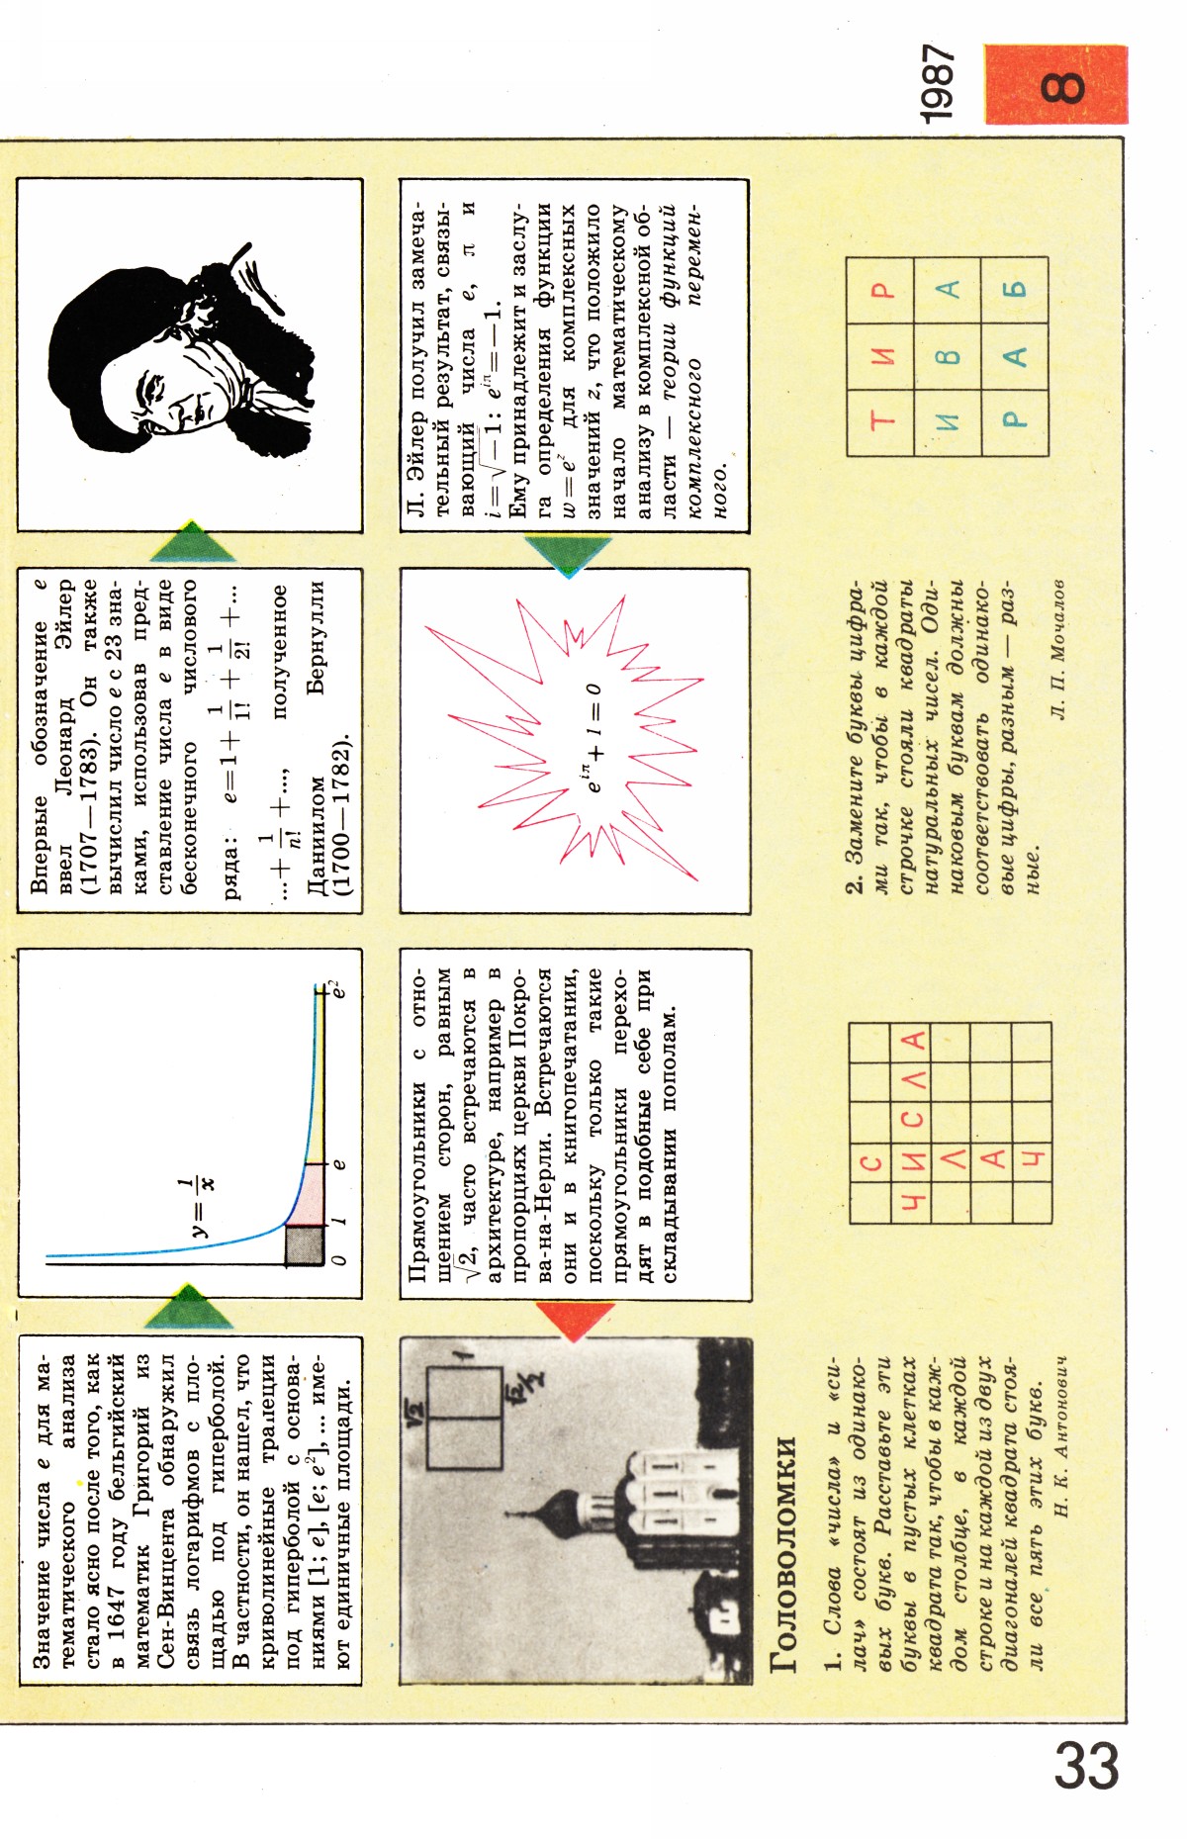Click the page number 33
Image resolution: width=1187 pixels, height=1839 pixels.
tap(1086, 1766)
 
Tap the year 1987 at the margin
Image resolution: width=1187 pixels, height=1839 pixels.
tap(938, 84)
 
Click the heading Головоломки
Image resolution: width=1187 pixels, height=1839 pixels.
tap(782, 1554)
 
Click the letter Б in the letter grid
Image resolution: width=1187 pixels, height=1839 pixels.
tap(1015, 289)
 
